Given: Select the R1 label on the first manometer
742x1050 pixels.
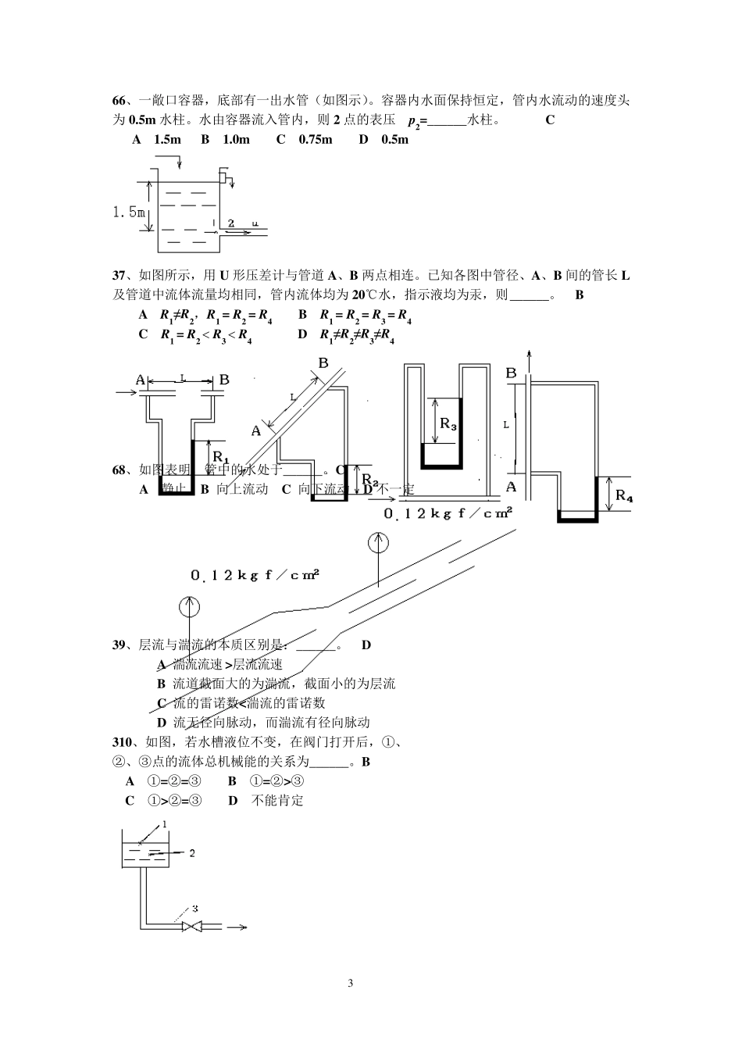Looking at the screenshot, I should pyautogui.click(x=219, y=455).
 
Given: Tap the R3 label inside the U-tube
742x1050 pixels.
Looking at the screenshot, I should pyautogui.click(x=448, y=423).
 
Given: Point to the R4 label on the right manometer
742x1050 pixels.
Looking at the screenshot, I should pyautogui.click(x=624, y=495).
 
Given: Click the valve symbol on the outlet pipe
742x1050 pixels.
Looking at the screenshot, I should pyautogui.click(x=191, y=927).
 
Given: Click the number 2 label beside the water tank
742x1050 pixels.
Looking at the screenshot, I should pyautogui.click(x=192, y=852).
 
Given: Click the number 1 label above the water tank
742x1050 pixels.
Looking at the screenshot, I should pyautogui.click(x=165, y=824).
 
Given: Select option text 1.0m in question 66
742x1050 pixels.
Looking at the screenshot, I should pyautogui.click(x=236, y=139).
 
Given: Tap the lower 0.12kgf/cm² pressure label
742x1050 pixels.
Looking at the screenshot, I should pyautogui.click(x=255, y=575).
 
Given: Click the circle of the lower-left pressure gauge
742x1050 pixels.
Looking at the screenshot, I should pyautogui.click(x=188, y=605).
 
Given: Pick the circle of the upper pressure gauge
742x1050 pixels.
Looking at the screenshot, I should pyautogui.click(x=378, y=542).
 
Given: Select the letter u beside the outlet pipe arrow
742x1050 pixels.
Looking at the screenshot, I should pyautogui.click(x=255, y=223).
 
